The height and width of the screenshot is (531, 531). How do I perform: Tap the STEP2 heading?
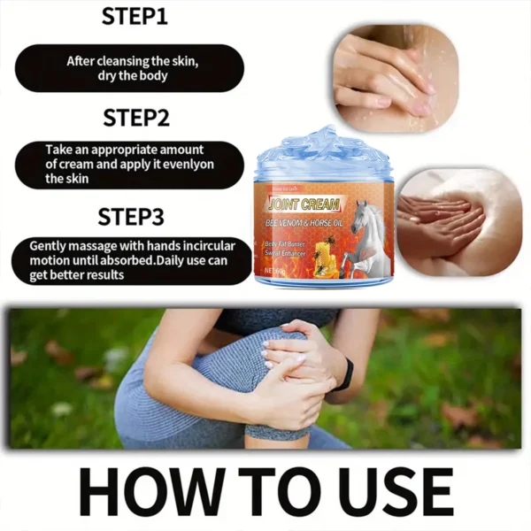point(135,118)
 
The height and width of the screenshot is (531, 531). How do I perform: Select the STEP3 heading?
point(135,217)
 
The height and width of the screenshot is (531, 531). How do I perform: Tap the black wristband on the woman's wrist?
point(344,374)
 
